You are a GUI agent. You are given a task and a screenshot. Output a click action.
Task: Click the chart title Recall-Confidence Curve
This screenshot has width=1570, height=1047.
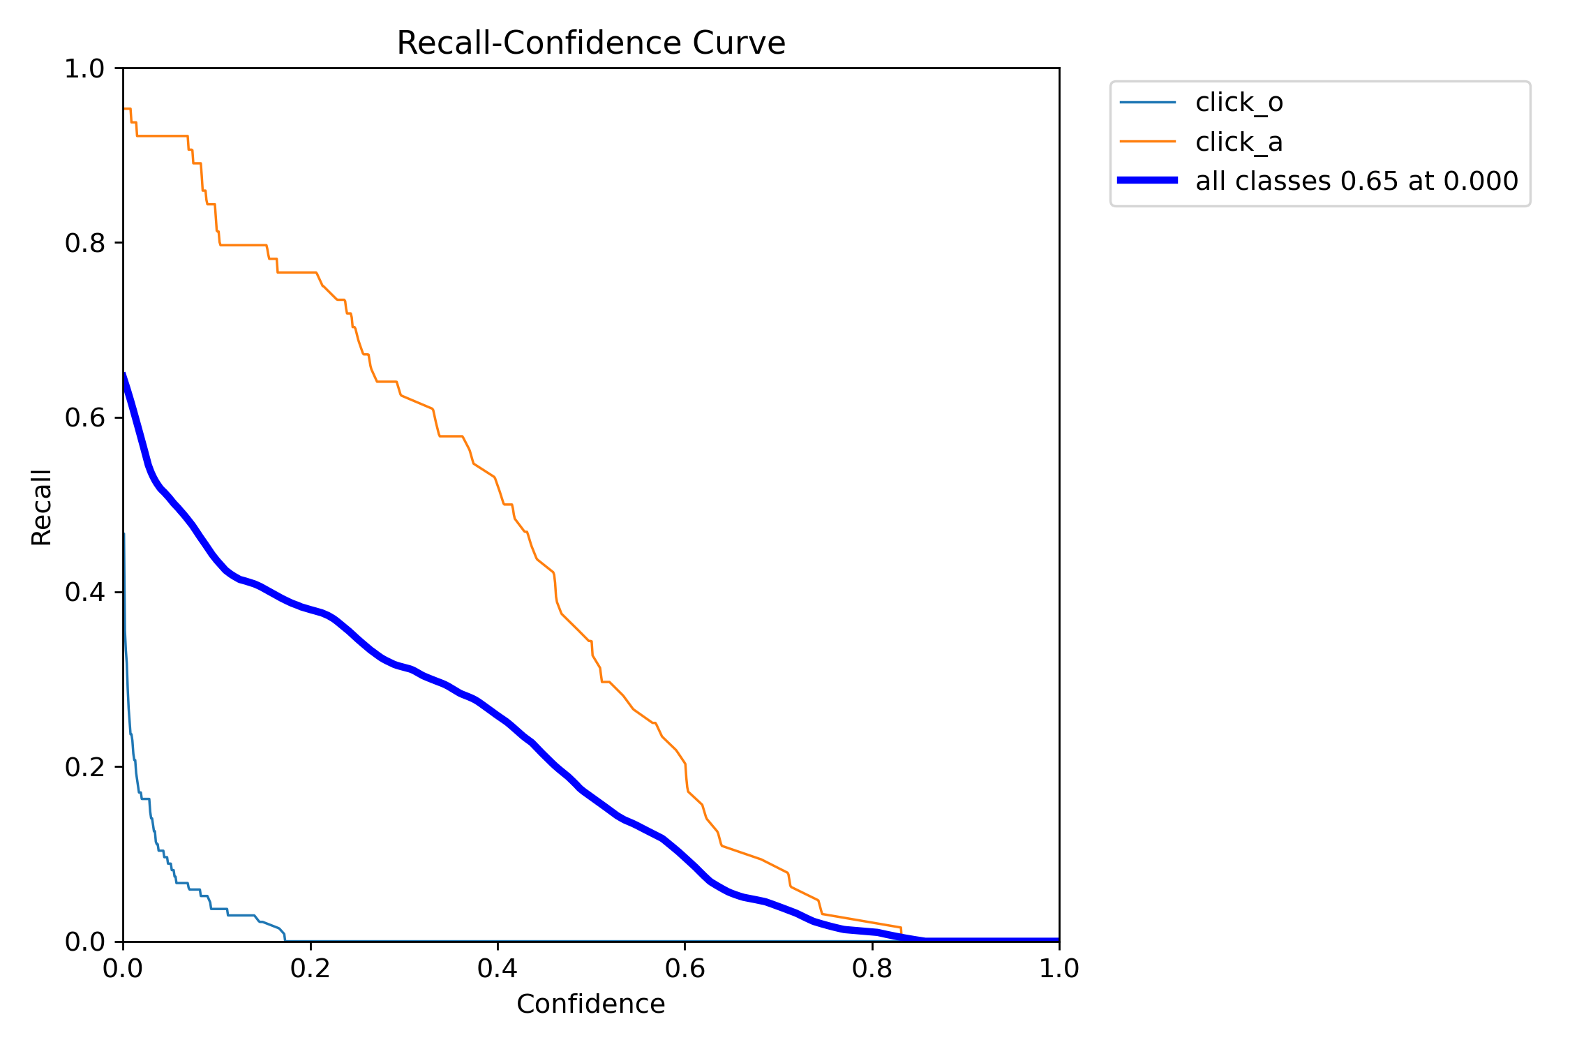tap(590, 43)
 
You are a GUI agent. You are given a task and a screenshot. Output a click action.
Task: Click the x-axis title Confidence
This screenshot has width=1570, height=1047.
tap(590, 1004)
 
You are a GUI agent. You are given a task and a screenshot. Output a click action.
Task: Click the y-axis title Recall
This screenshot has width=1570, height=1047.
tap(42, 507)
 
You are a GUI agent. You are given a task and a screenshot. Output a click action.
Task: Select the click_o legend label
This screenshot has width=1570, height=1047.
tap(1239, 103)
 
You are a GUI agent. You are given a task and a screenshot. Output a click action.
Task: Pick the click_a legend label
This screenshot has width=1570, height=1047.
tap(1239, 142)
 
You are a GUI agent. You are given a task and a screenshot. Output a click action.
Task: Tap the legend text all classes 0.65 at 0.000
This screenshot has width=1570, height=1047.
tap(1356, 181)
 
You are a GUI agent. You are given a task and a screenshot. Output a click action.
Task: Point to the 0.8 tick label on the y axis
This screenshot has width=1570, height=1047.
tap(84, 243)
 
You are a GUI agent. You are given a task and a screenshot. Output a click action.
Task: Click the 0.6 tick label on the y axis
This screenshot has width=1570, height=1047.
tap(84, 417)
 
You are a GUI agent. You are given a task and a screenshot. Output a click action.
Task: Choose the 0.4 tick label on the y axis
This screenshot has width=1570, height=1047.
tap(84, 592)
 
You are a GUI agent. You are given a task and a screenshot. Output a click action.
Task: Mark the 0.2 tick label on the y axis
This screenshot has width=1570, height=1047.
tap(84, 767)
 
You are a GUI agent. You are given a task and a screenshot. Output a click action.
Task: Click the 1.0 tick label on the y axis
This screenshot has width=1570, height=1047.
tap(84, 68)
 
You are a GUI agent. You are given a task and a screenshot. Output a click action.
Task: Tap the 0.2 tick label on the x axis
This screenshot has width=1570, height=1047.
tap(311, 969)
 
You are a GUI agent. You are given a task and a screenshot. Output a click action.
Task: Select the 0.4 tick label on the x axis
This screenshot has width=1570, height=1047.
tap(498, 969)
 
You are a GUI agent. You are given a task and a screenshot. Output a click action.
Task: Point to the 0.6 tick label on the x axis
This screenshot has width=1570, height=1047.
tap(685, 969)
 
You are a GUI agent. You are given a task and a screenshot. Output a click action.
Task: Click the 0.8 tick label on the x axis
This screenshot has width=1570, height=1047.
tap(872, 969)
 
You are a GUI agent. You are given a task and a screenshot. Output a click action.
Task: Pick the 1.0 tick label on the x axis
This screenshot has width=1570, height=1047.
tap(1059, 969)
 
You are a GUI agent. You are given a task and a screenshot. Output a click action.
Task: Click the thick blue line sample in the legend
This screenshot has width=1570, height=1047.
tap(1147, 181)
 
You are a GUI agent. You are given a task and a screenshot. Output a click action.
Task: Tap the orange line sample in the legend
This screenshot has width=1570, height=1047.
tap(1147, 142)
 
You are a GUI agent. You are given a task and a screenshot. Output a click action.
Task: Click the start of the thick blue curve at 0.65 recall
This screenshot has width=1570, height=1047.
tap(124, 375)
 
